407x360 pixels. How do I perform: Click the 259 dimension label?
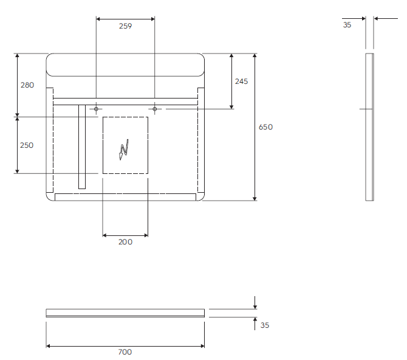[125, 26]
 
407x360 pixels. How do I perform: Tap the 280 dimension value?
[27, 85]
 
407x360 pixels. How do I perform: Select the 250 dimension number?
[27, 145]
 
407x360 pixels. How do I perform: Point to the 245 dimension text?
[241, 81]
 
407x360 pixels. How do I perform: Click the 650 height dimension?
[265, 127]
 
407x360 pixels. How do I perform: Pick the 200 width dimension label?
[125, 242]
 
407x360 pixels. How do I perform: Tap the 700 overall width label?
[125, 352]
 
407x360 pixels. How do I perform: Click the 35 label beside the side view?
[347, 25]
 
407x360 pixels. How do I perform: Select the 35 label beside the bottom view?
[265, 325]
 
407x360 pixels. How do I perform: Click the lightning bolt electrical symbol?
[124, 150]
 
